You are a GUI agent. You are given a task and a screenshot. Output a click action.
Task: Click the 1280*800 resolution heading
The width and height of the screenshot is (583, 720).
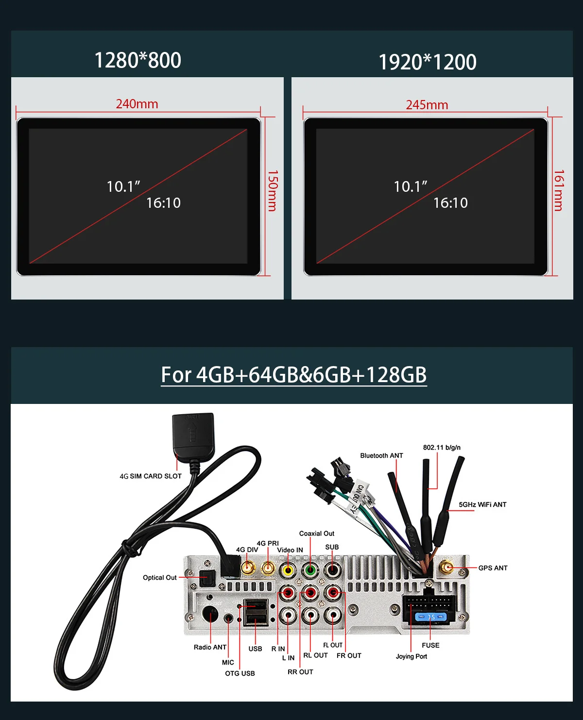137,61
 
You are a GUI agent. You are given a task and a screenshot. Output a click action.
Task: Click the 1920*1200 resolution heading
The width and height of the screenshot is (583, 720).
427,62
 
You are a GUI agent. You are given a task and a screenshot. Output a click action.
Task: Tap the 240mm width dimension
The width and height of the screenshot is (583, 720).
137,104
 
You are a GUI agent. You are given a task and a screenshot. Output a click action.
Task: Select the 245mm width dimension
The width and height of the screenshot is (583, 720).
427,105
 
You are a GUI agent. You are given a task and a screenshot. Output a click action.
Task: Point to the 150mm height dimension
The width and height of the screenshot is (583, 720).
273,190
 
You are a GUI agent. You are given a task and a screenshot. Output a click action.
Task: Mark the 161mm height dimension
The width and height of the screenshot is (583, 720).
559,190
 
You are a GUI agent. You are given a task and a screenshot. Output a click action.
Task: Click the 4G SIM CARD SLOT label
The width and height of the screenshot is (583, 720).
151,476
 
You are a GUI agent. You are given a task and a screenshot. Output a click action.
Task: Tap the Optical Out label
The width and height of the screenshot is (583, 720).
159,578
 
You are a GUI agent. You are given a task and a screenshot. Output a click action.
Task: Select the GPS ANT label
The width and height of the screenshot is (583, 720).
493,568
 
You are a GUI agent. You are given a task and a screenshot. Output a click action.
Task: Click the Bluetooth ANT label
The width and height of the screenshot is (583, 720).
381,455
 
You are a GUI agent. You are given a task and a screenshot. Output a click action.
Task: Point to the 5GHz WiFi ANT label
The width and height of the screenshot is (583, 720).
482,505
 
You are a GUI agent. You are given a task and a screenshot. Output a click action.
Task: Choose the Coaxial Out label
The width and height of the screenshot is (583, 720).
317,534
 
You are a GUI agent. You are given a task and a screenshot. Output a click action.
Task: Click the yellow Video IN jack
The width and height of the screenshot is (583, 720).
288,569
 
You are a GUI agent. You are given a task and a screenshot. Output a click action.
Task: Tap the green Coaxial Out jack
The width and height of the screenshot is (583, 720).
310,569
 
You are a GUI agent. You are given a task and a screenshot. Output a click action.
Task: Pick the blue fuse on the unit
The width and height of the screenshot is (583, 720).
430,617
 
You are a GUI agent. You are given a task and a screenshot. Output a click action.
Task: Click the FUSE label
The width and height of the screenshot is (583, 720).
430,645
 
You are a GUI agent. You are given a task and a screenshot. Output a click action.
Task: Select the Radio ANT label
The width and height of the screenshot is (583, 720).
210,647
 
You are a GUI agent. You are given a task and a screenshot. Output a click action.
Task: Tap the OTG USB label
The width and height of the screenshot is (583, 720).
240,673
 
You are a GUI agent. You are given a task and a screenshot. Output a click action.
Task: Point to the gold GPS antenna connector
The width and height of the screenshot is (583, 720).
447,567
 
